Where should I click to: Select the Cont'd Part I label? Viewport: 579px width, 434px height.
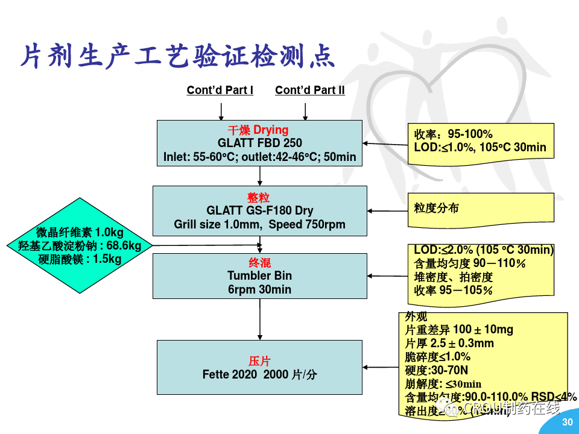[x=220, y=90]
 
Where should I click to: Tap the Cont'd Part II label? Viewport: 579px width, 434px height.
[x=309, y=90]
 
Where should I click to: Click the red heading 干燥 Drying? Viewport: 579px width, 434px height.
[x=258, y=130]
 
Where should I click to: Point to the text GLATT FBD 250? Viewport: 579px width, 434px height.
[x=260, y=143]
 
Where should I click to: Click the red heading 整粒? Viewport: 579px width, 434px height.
[x=259, y=198]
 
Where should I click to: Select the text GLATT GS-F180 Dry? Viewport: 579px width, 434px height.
[x=260, y=211]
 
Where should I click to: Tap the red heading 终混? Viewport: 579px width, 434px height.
[x=259, y=263]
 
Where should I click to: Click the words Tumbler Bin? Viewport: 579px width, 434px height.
[x=259, y=276]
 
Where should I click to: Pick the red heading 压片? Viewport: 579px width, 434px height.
[x=259, y=361]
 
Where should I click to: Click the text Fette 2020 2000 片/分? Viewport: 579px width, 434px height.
[x=259, y=375]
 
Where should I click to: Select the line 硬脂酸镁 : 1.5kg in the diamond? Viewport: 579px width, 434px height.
[x=80, y=259]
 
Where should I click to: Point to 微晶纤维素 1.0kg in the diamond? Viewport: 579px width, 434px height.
[x=80, y=233]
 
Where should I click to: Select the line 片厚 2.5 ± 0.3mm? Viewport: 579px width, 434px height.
[x=449, y=344]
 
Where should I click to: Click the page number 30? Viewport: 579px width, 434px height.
[x=567, y=423]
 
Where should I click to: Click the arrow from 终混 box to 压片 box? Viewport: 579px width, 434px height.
[x=260, y=319]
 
